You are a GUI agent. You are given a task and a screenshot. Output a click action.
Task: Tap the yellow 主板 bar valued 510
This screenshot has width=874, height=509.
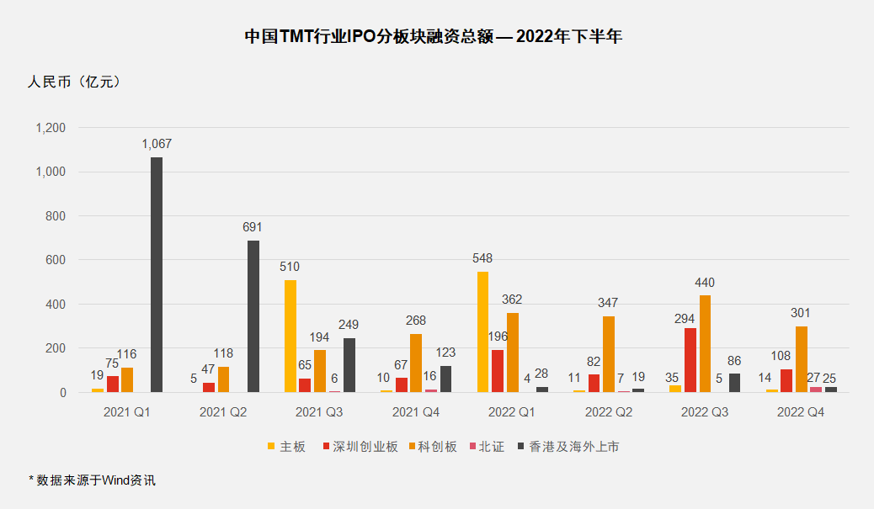pyautogui.click(x=290, y=336)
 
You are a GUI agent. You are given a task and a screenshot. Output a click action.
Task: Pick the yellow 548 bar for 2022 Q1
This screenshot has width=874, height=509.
pyautogui.click(x=482, y=331)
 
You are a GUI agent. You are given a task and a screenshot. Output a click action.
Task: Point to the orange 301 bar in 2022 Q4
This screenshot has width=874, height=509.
pyautogui.click(x=801, y=359)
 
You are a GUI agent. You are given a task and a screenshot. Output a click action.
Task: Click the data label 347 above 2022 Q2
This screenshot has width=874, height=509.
pyautogui.click(x=608, y=302)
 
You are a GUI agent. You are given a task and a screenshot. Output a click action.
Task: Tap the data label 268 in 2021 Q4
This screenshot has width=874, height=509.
pyautogui.click(x=415, y=321)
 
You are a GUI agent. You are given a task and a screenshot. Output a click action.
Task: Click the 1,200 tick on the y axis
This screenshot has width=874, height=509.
pyautogui.click(x=50, y=128)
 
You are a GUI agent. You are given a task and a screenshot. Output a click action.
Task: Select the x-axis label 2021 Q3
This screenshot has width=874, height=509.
pyautogui.click(x=319, y=412)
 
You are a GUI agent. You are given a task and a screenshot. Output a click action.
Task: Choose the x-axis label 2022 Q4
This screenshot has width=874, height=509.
pyautogui.click(x=800, y=412)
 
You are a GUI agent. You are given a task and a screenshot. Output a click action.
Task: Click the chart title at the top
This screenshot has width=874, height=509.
pyautogui.click(x=433, y=37)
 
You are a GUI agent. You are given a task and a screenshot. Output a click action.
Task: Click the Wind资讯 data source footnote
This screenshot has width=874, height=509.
pyautogui.click(x=93, y=480)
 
